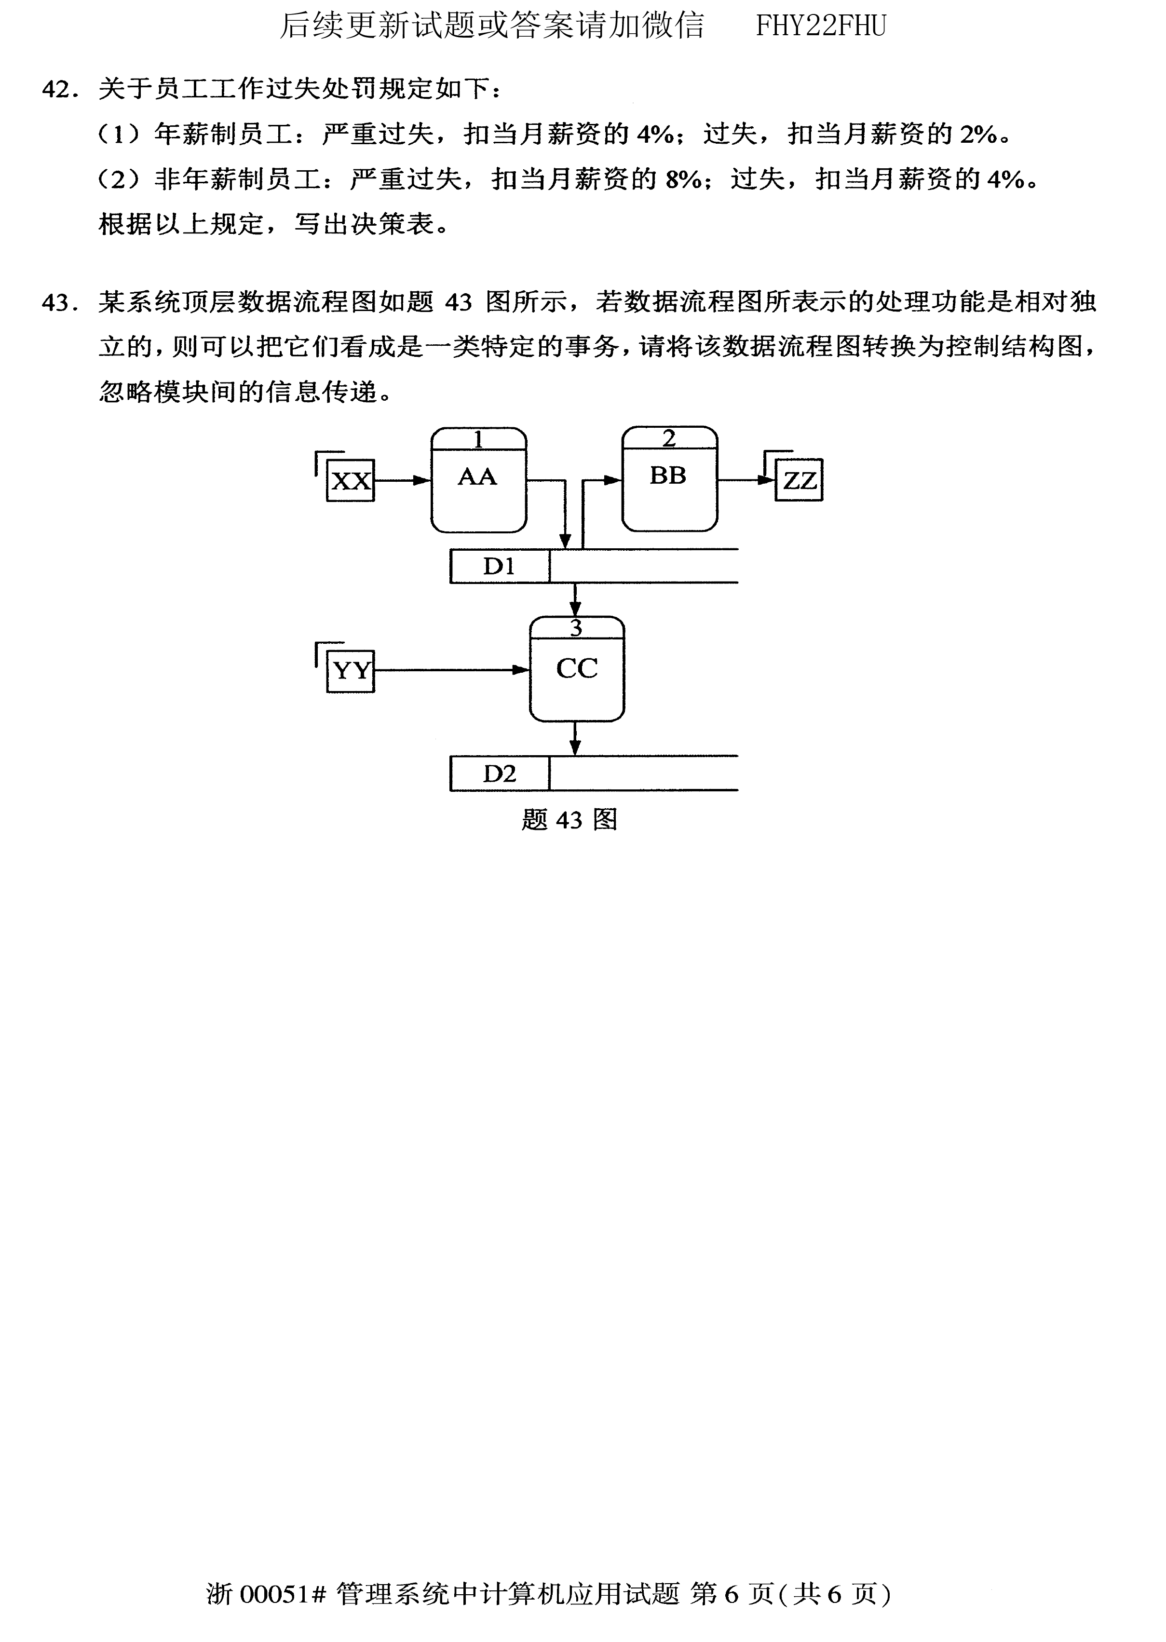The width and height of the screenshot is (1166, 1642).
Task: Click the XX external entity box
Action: [x=351, y=480]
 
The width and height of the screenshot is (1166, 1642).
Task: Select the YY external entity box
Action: [x=351, y=671]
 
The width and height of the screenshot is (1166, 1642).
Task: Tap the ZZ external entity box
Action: [x=799, y=480]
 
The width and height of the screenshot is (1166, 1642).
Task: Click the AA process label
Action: [x=477, y=477]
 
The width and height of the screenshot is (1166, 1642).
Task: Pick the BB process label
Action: [x=668, y=475]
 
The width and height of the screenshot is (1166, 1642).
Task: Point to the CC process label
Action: [x=577, y=668]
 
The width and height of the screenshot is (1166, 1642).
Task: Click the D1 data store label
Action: [x=499, y=567]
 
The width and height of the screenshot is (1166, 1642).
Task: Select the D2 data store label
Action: [x=499, y=774]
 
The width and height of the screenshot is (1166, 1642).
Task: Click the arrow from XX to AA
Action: [x=402, y=480]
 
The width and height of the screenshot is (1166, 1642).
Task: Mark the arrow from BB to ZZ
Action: [x=746, y=480]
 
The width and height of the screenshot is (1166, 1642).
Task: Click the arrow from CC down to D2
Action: [x=575, y=738]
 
